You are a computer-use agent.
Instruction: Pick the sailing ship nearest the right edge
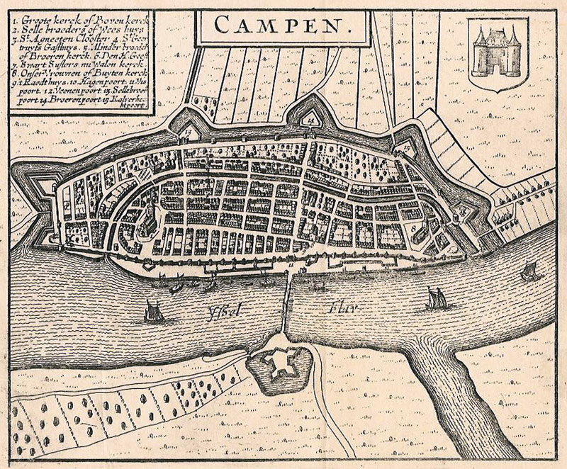coord(527,270)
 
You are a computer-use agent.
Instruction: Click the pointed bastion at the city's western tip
coord(27,188)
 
